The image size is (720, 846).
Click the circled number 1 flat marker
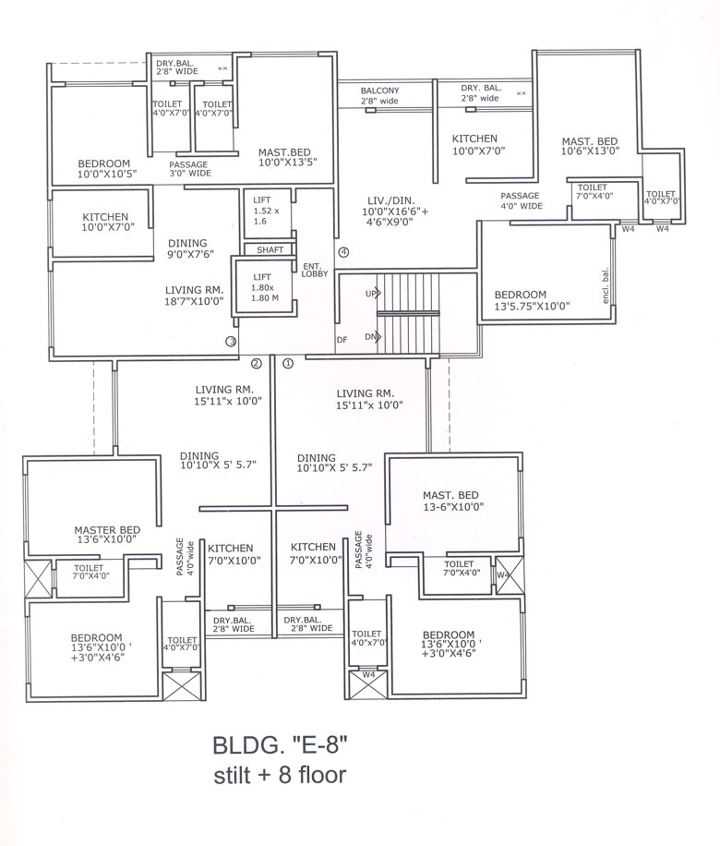287,363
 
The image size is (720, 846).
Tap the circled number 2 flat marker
257,363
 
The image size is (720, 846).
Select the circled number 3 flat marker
231,341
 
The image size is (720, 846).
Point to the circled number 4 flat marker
343,251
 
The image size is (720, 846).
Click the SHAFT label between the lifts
270,249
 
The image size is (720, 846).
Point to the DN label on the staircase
372,337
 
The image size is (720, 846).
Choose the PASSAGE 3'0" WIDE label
190,168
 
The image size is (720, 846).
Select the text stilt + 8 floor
277,774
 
